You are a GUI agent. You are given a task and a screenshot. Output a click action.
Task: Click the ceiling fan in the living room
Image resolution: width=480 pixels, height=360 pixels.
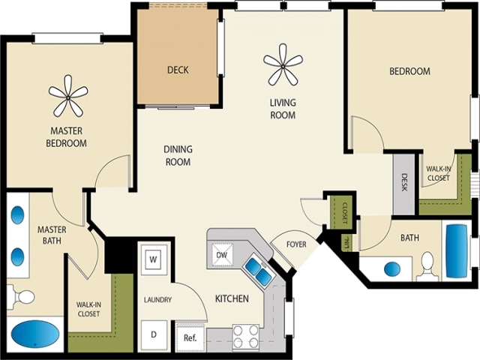pyautogui.click(x=283, y=64)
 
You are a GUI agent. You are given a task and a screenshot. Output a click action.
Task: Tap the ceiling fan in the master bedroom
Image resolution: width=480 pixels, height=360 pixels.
pyautogui.click(x=69, y=94)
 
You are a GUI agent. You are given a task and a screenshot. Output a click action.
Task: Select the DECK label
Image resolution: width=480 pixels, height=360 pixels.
pyautogui.click(x=178, y=70)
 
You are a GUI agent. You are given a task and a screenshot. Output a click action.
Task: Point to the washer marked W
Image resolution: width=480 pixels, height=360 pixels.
pyautogui.click(x=153, y=259)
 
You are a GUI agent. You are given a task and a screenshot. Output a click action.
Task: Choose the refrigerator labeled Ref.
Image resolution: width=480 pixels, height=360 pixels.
pyautogui.click(x=190, y=337)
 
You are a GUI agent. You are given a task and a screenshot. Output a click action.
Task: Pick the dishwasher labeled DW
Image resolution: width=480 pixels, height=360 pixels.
pyautogui.click(x=221, y=255)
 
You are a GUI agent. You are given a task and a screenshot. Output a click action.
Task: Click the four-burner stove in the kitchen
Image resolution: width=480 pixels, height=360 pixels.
pyautogui.click(x=245, y=337)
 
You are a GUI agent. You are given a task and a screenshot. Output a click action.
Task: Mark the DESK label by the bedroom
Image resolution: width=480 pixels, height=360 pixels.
pyautogui.click(x=404, y=183)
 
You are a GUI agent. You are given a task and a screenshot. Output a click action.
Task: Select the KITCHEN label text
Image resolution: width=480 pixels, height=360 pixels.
pyautogui.click(x=232, y=299)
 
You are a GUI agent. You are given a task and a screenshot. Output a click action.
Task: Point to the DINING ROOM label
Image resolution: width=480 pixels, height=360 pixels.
pyautogui.click(x=178, y=155)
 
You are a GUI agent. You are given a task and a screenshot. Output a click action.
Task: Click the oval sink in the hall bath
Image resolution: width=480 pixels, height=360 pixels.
pyautogui.click(x=391, y=268)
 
